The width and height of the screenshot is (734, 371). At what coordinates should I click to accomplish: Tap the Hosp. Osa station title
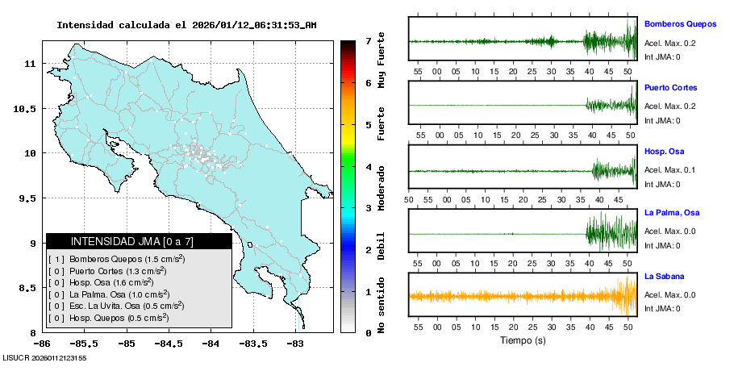pyautogui.click(x=664, y=151)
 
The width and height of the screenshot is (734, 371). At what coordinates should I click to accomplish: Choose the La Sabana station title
pyautogui.click(x=665, y=277)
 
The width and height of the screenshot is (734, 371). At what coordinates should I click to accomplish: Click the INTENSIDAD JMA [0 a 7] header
pyautogui.click(x=139, y=241)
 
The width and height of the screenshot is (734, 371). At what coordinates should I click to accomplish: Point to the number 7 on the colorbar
pyautogui.click(x=368, y=40)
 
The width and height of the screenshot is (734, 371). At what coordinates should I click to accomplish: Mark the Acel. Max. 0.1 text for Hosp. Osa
pyautogui.click(x=669, y=170)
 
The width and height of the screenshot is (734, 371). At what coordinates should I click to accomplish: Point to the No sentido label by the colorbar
pyautogui.click(x=381, y=306)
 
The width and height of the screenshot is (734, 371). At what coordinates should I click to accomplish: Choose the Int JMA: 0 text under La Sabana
pyautogui.click(x=662, y=308)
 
